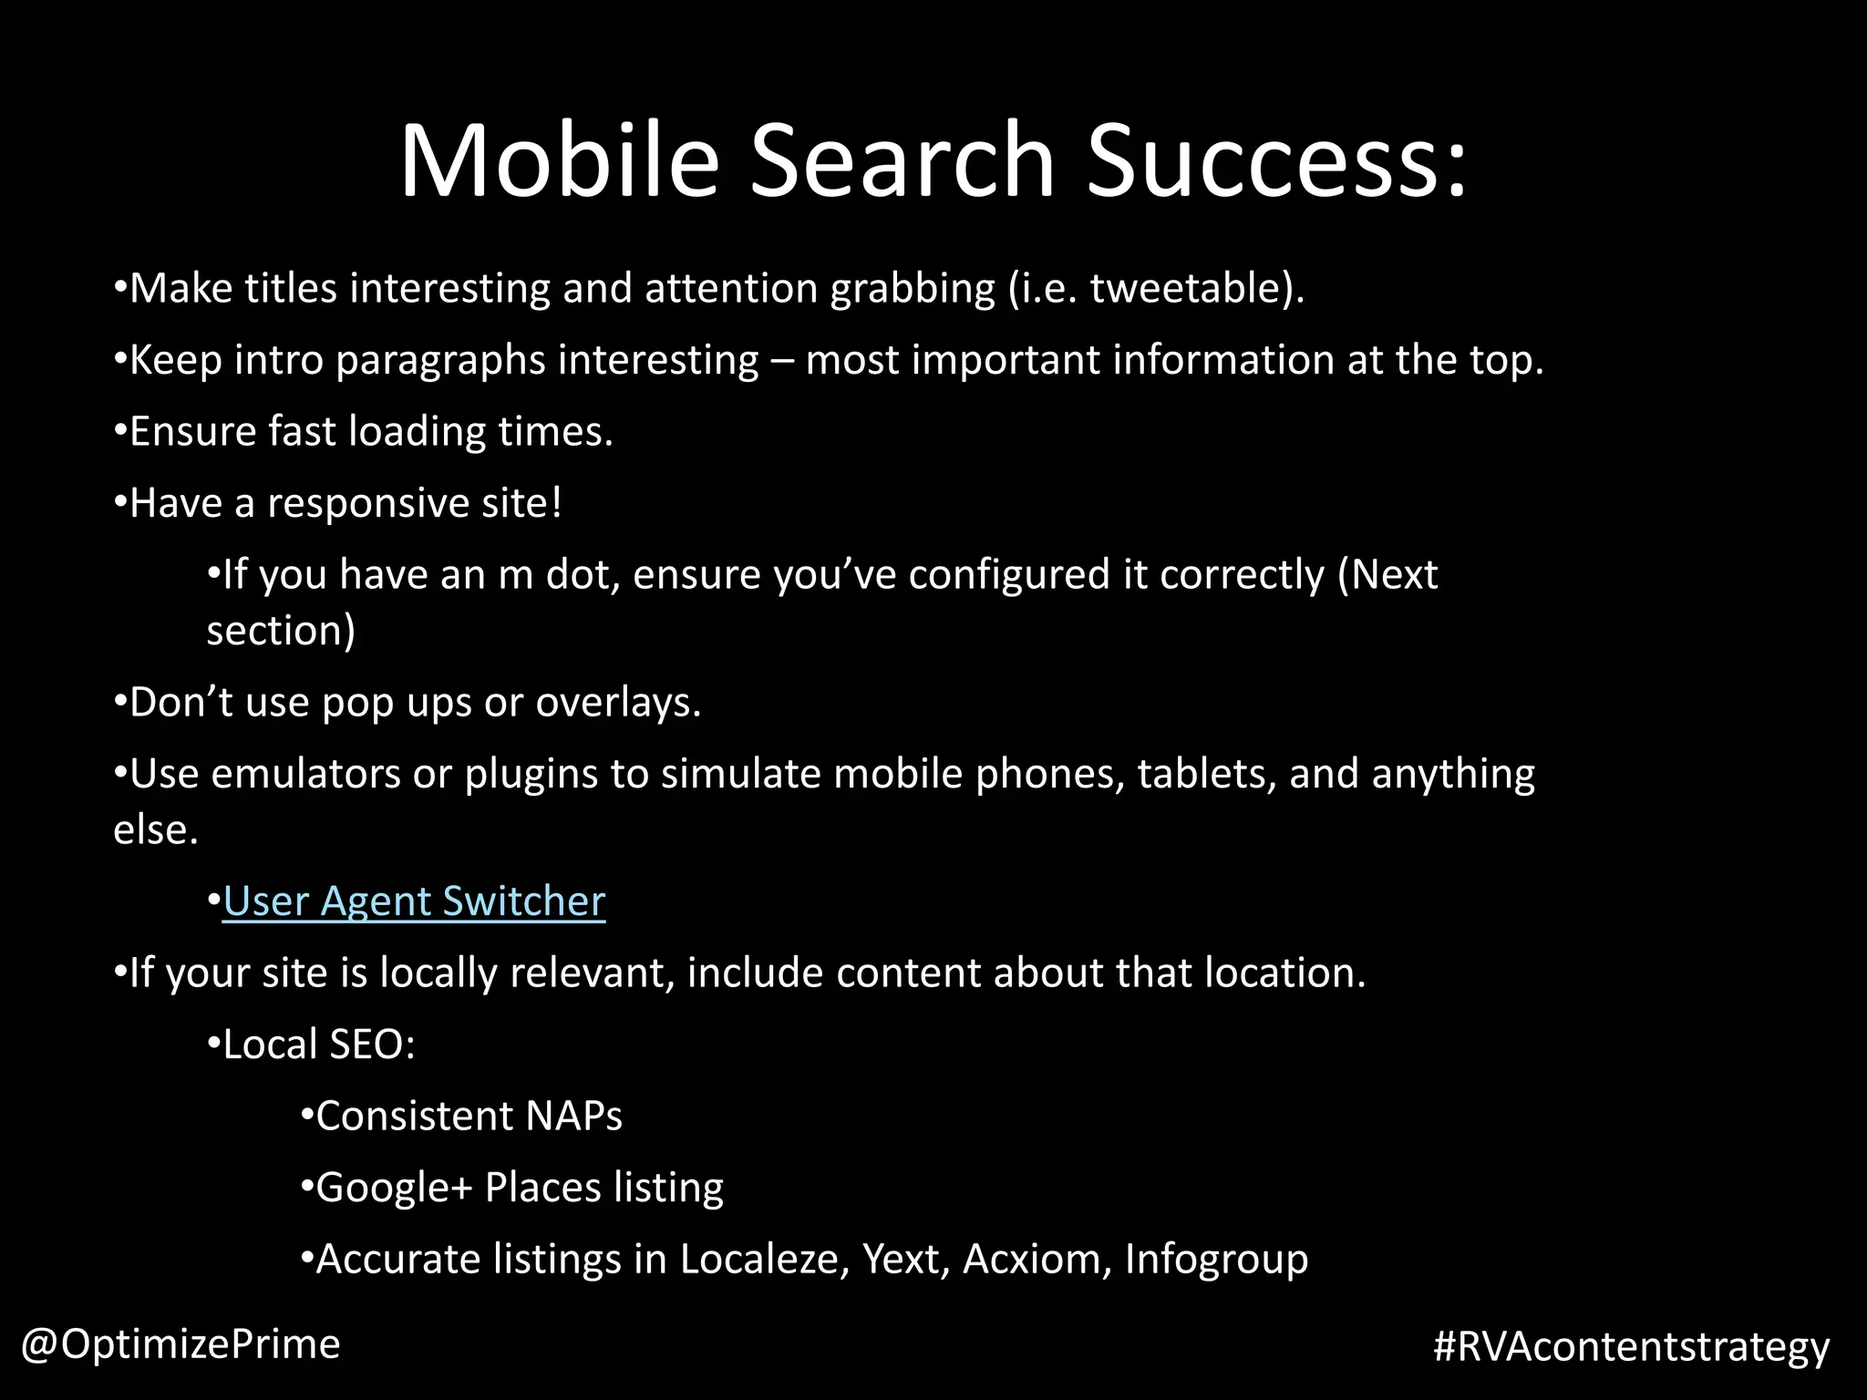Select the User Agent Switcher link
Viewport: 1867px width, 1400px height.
tap(414, 901)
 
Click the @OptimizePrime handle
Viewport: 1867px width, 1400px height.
tap(181, 1343)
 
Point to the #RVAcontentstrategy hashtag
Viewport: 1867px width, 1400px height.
tap(1631, 1346)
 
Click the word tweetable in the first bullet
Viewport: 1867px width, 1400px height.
tap(1190, 288)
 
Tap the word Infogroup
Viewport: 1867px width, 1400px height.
tap(1216, 1260)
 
